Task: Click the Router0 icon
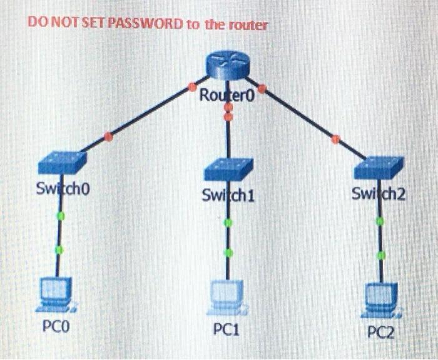tap(227, 63)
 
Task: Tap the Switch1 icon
tap(228, 169)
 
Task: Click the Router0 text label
tap(225, 96)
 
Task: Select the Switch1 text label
tap(228, 196)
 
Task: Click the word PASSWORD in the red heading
tap(143, 24)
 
